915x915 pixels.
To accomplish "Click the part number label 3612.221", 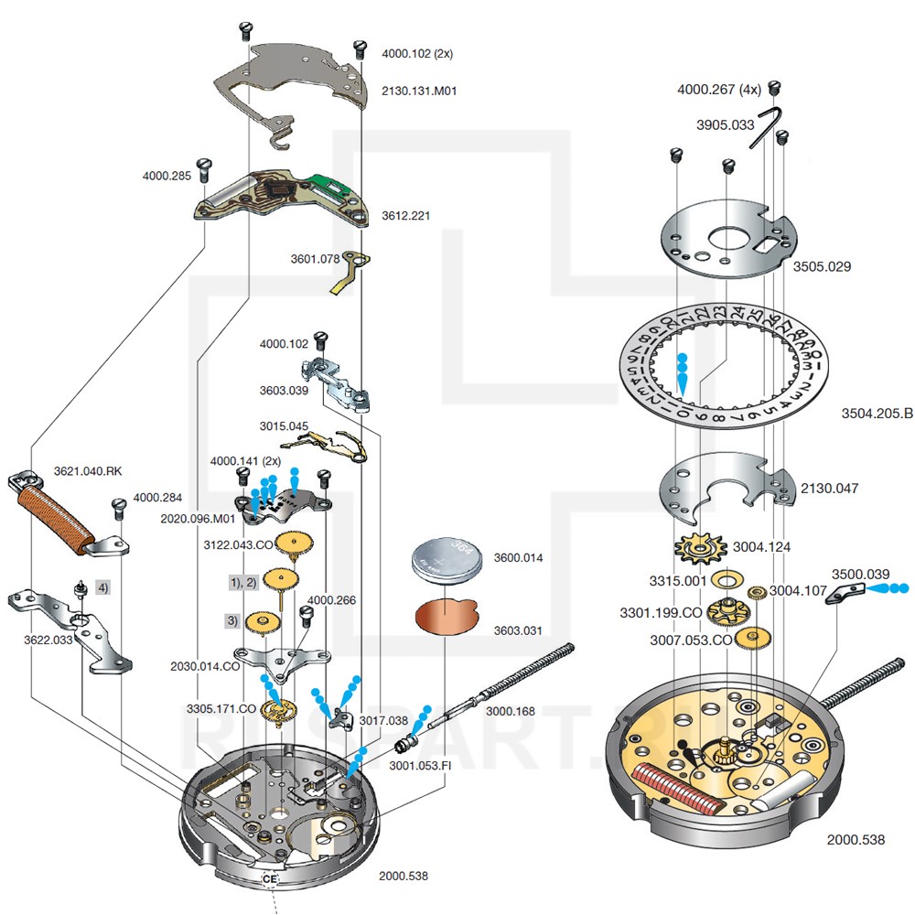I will (405, 216).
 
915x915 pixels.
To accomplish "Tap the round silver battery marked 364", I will (447, 558).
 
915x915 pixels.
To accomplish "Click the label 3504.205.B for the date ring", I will (877, 414).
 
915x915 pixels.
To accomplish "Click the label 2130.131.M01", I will (418, 91).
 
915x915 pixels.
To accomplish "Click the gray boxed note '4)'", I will (102, 587).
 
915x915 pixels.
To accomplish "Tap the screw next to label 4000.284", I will (118, 506).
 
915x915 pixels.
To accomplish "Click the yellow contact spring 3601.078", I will (349, 274).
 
